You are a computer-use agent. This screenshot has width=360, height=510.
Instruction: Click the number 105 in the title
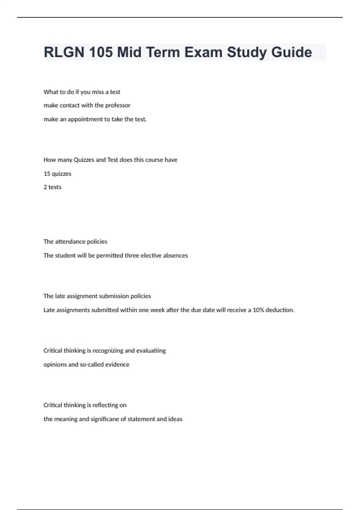100,52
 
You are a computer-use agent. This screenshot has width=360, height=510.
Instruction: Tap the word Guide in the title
292,52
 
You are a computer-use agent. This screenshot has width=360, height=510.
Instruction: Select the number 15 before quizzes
47,174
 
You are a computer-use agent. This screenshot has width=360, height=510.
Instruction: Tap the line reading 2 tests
52,187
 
